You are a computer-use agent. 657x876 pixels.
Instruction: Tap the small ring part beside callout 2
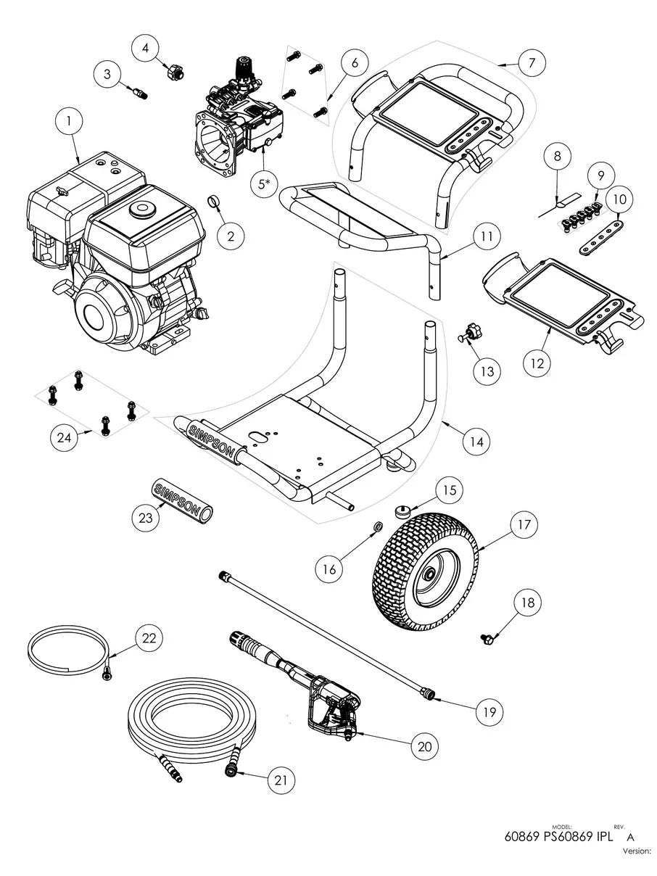pos(214,201)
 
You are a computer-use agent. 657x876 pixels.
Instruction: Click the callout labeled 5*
pos(263,185)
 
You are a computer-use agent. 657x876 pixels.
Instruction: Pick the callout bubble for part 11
pos(485,236)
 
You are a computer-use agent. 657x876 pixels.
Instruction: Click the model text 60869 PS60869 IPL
pos(558,836)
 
